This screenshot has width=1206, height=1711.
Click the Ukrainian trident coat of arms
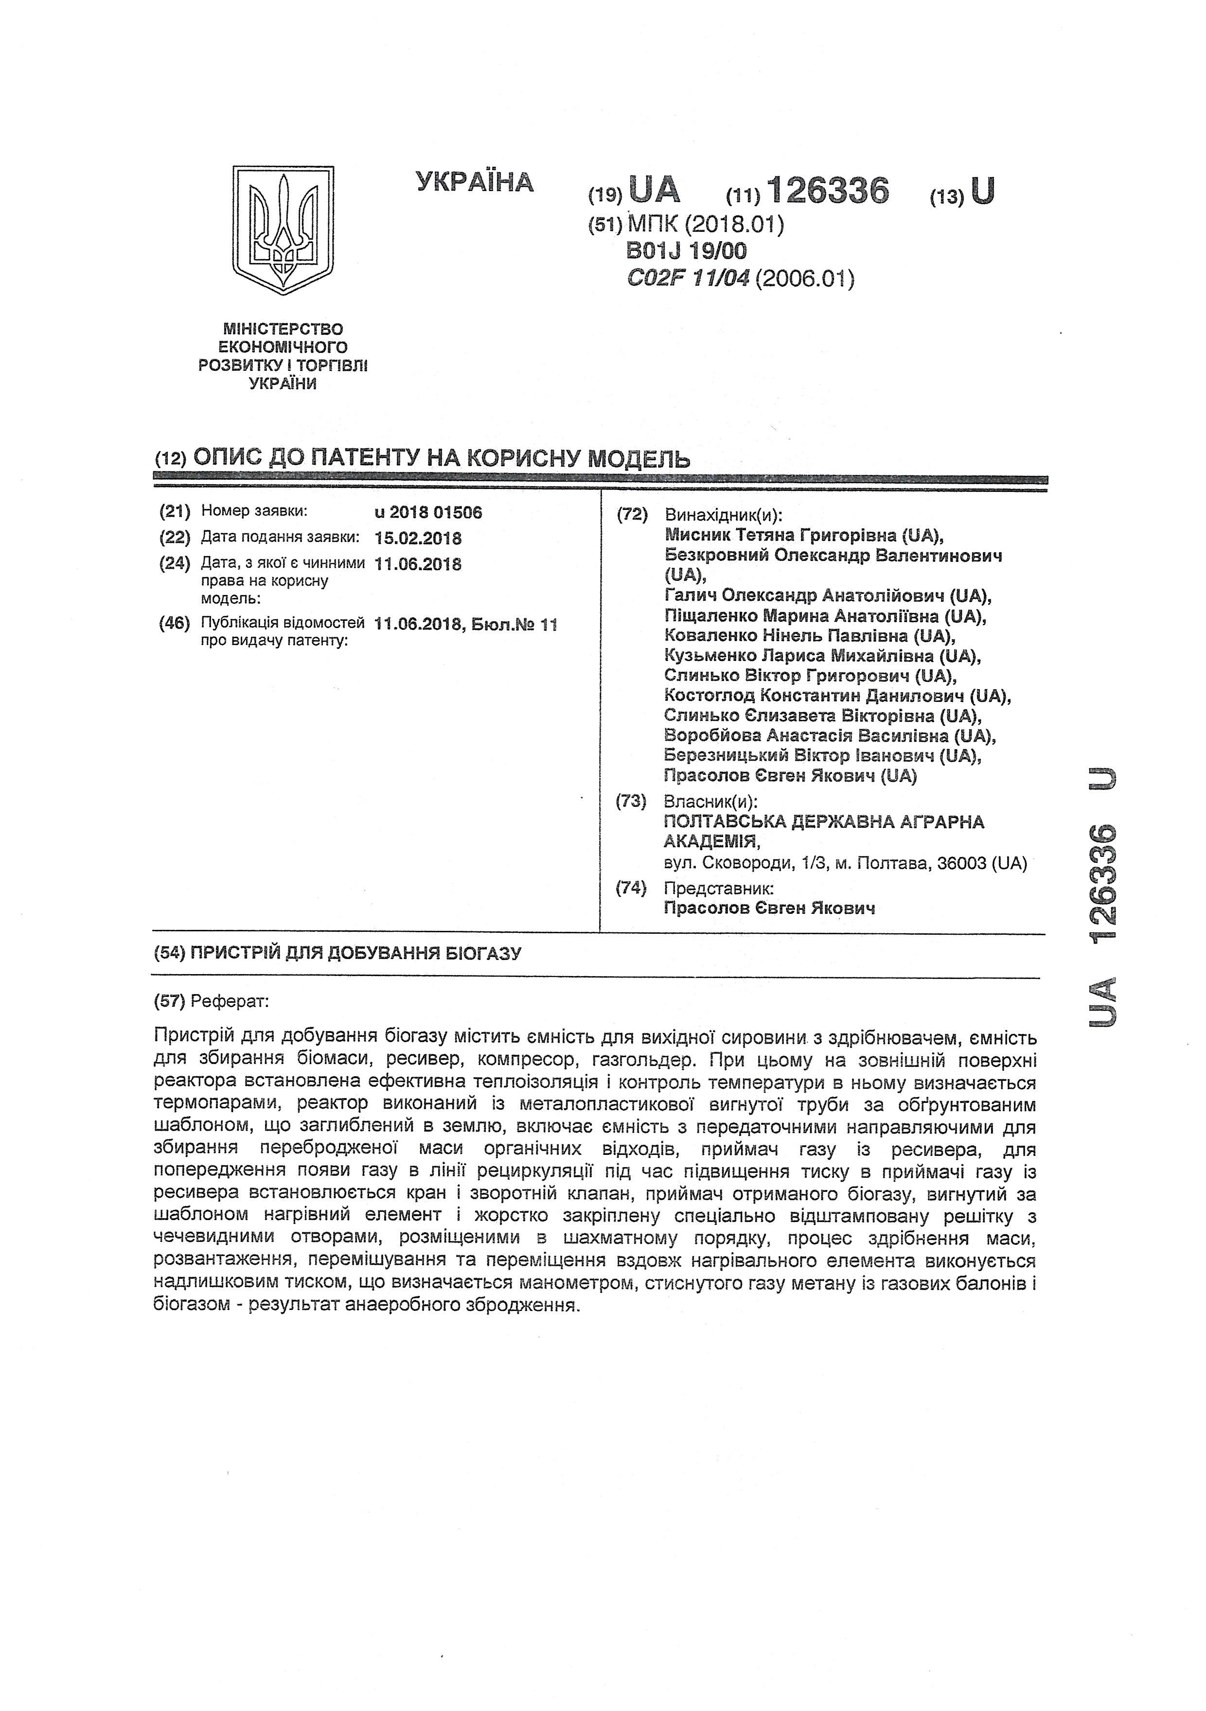point(283,229)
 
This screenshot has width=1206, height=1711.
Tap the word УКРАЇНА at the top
point(475,182)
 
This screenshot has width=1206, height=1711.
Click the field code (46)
point(175,623)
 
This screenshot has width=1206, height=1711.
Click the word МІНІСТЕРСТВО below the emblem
point(283,329)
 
